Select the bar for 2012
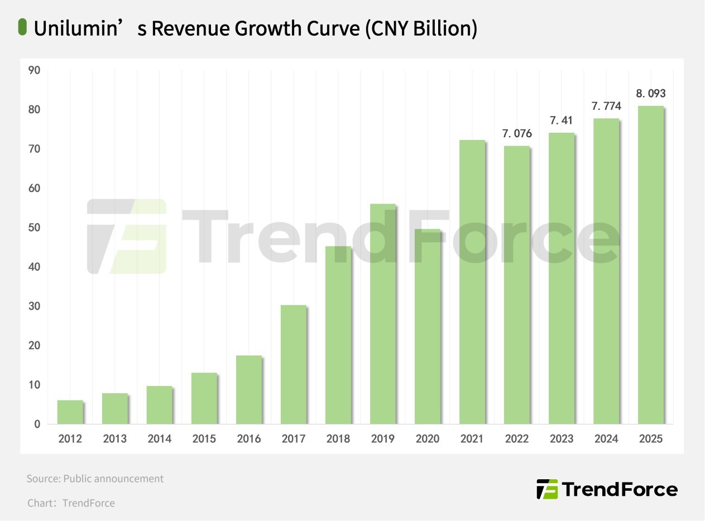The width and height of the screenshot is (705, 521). pos(70,412)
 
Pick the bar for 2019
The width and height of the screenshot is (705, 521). pos(382,313)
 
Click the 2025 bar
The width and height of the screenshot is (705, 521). pos(650,265)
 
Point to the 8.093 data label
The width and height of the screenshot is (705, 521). pos(651,94)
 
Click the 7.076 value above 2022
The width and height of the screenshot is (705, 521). pos(517,134)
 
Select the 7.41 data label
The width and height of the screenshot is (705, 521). pos(562,120)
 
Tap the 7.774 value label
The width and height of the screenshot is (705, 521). pos(606,106)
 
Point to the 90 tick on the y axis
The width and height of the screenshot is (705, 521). pos(35,70)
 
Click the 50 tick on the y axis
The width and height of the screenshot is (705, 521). pos(35,228)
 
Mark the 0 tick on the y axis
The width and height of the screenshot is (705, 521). pos(37,424)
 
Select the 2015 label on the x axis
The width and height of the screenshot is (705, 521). pos(204,439)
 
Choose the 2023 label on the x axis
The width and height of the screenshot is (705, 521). pos(561,439)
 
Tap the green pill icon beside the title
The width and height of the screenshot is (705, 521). pos(22,27)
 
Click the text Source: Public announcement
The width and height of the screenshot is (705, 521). pos(95,479)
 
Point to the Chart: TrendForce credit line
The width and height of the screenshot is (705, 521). pos(71,503)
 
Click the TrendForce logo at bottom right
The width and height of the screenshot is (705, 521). pos(607,489)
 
